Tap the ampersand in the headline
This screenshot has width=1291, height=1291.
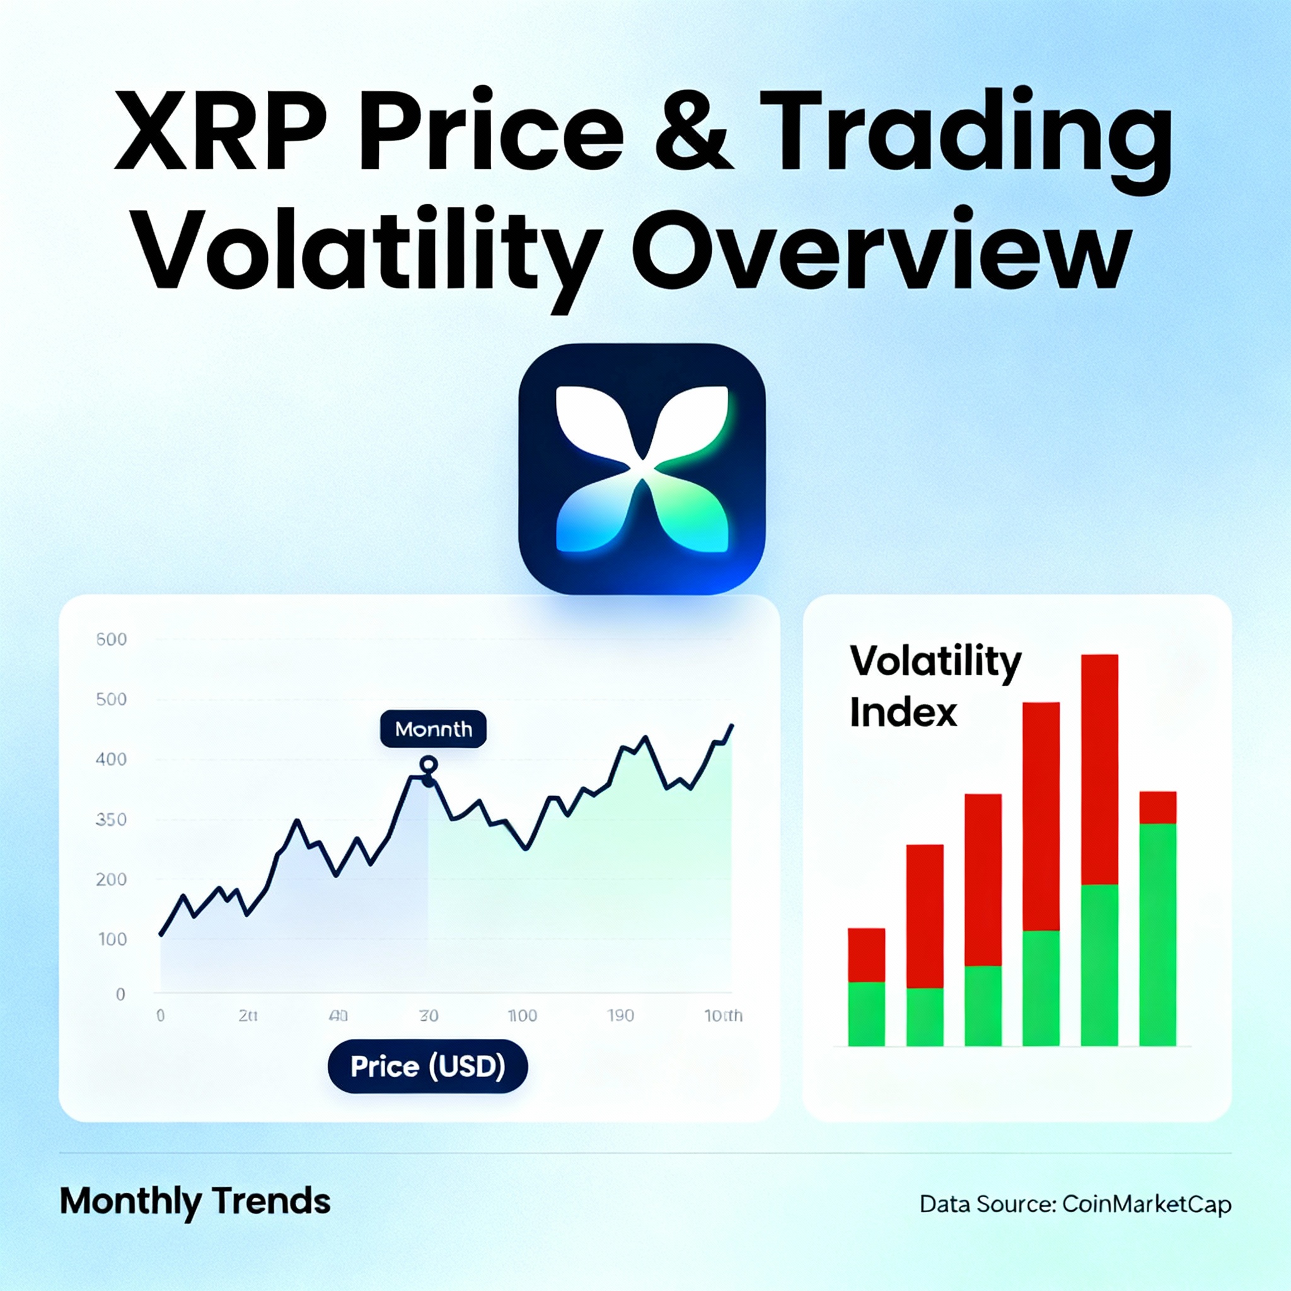[x=693, y=131]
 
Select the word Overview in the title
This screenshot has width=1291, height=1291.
[x=881, y=251]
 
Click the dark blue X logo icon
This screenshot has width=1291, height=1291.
[x=642, y=469]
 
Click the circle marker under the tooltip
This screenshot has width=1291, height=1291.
[x=428, y=765]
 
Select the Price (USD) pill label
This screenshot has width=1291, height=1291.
[x=427, y=1067]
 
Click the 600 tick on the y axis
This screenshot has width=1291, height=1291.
[x=111, y=639]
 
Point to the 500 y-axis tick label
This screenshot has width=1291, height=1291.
[x=111, y=700]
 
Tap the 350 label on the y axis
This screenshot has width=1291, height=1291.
[x=111, y=820]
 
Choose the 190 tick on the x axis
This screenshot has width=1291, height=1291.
[x=620, y=1016]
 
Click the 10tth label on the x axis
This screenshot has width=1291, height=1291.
[x=723, y=1016]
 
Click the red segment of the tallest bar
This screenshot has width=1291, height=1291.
[x=1099, y=768]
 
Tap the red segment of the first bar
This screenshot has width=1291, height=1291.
[x=866, y=955]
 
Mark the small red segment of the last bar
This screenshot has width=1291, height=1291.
[x=1157, y=808]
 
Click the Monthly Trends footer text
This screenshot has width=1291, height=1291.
[x=195, y=1201]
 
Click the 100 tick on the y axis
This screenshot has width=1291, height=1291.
[x=112, y=939]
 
